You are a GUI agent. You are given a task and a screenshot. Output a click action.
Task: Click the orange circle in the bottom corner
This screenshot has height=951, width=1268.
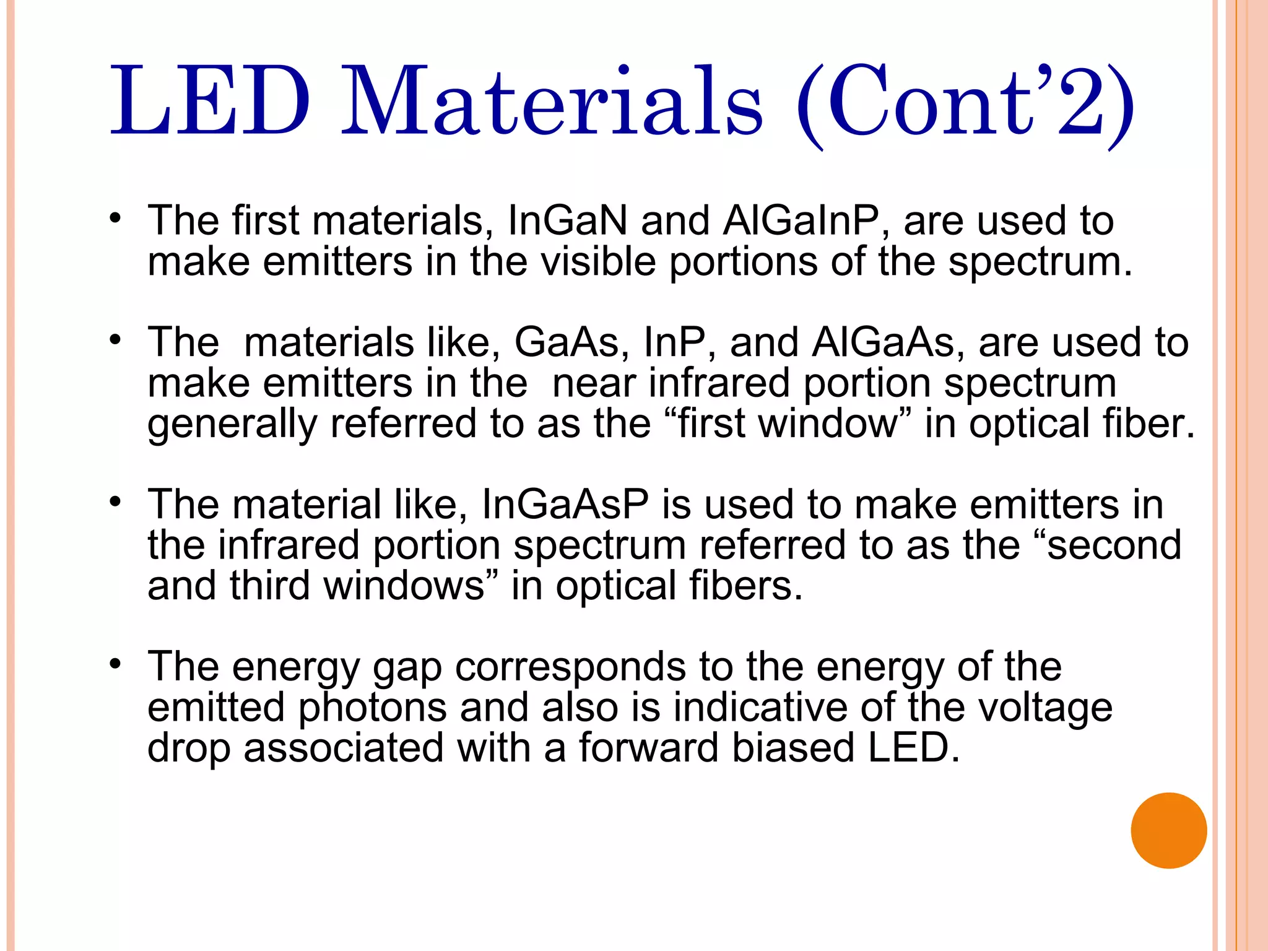click(x=1168, y=830)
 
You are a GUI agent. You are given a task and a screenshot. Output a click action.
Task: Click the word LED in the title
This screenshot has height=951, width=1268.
click(x=209, y=101)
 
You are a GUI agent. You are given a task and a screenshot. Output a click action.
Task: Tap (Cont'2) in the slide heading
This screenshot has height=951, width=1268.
click(x=966, y=105)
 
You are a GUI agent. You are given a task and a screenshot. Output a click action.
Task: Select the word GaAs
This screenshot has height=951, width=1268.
click(x=567, y=342)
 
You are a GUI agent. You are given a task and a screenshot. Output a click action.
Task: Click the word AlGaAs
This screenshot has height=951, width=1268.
click(x=884, y=342)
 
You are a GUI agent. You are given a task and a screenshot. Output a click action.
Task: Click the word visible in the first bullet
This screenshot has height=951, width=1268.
click(x=598, y=261)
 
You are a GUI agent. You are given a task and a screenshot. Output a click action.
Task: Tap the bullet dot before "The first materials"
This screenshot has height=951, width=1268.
click(x=115, y=219)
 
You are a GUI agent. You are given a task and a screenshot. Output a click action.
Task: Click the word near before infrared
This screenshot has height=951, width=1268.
click(x=594, y=383)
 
